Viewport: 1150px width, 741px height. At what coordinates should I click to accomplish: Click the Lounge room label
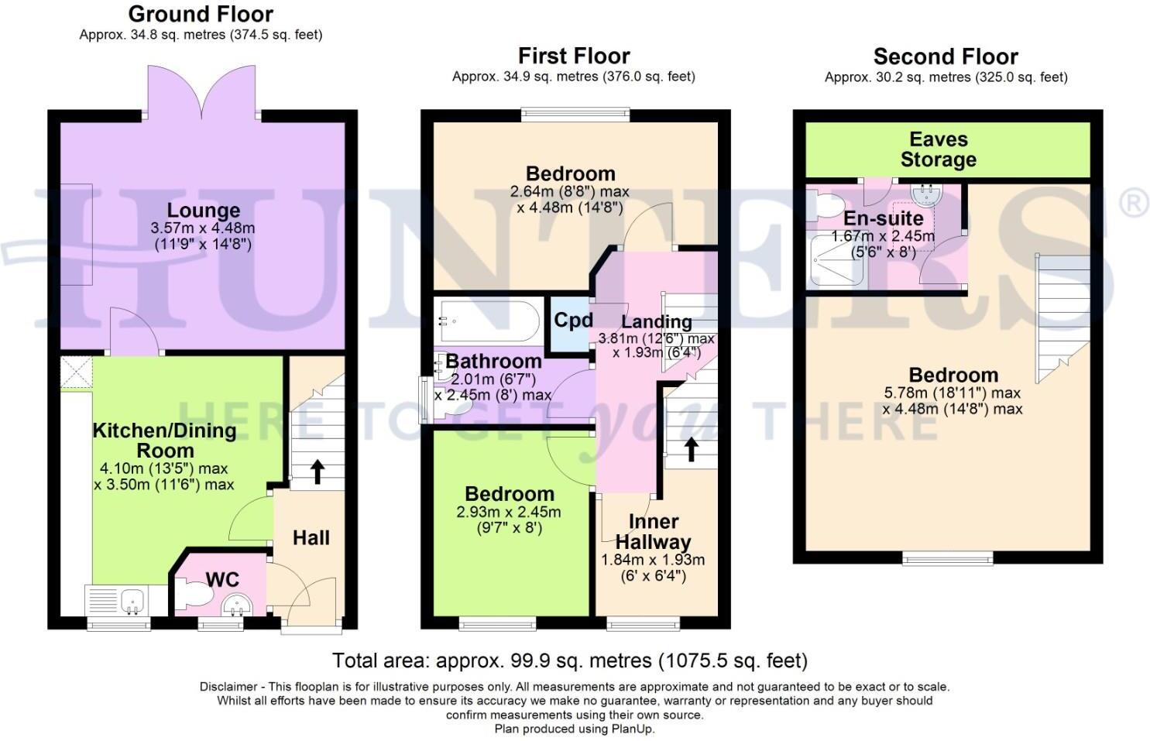pyautogui.click(x=204, y=211)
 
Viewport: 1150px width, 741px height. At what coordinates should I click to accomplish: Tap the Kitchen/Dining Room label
pyautogui.click(x=164, y=441)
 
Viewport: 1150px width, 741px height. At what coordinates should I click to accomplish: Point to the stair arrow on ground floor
pyautogui.click(x=317, y=472)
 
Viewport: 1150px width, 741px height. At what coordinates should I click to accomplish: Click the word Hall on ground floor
pyautogui.click(x=311, y=538)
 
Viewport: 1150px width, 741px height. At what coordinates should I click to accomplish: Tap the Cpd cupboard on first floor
pyautogui.click(x=573, y=321)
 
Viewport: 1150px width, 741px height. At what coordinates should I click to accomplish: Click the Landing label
pyautogui.click(x=657, y=322)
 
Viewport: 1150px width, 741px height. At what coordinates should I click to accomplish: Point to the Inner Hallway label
pyautogui.click(x=653, y=531)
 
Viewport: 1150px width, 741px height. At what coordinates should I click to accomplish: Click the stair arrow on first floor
pyautogui.click(x=689, y=449)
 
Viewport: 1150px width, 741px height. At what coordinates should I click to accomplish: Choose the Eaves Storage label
pyautogui.click(x=938, y=149)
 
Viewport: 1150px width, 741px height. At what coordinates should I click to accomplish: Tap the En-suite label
pyautogui.click(x=883, y=218)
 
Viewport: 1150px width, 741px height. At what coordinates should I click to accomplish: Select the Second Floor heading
pyautogui.click(x=945, y=57)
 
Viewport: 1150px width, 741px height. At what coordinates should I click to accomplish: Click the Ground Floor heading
pyautogui.click(x=201, y=14)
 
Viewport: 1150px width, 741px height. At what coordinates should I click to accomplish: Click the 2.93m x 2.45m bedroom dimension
pyautogui.click(x=509, y=513)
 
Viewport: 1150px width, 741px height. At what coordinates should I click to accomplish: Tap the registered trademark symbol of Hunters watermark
pyautogui.click(x=1134, y=204)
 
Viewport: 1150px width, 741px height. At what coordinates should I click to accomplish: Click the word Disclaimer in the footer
pyautogui.click(x=228, y=687)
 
